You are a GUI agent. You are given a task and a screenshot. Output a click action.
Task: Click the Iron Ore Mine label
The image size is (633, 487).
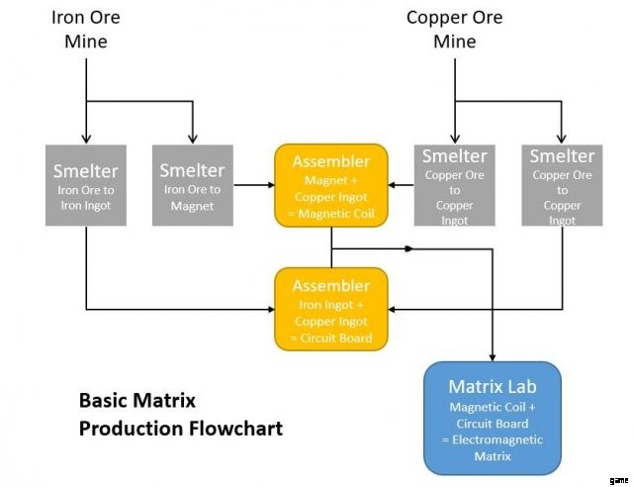[86, 30]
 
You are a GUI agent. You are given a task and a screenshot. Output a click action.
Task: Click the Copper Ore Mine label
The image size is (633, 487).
[454, 30]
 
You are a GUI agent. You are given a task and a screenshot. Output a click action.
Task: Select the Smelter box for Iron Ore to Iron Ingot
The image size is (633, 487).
[86, 185]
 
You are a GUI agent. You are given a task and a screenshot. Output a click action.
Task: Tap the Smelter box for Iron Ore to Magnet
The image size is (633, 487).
[193, 185]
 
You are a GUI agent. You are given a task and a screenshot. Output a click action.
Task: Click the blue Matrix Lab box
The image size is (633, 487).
[493, 418]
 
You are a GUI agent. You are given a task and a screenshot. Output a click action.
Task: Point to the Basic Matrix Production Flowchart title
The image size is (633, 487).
[180, 415]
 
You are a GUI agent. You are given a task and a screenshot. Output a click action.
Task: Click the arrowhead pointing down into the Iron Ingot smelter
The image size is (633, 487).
[86, 138]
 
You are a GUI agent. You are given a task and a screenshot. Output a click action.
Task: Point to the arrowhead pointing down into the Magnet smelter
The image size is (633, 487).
[193, 138]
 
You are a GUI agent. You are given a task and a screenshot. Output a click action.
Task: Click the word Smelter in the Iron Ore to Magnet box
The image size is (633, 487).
[193, 170]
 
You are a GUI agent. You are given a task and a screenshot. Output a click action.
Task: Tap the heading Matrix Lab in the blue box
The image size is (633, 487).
[493, 386]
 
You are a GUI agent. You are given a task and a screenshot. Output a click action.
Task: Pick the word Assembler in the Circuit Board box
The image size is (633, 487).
[330, 286]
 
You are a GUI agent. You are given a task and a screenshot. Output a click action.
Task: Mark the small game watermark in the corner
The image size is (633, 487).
[620, 477]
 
